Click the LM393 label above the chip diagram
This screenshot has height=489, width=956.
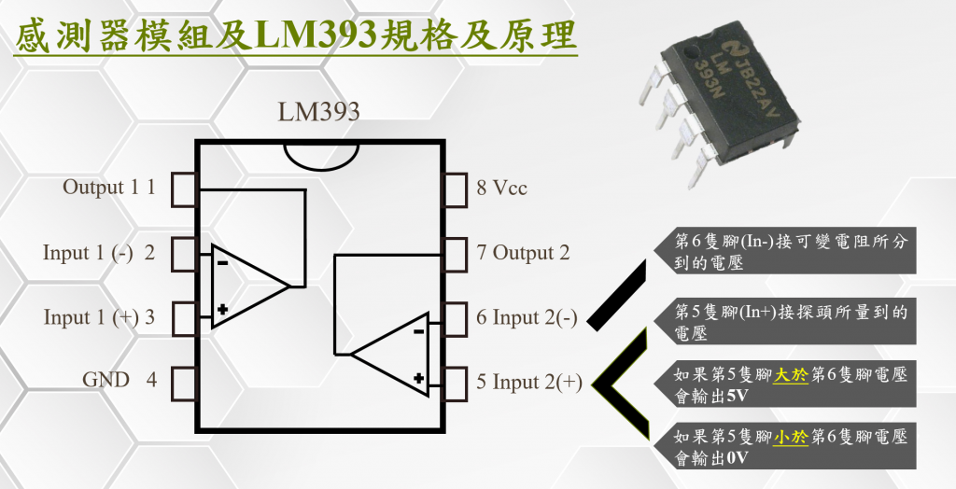pyautogui.click(x=318, y=112)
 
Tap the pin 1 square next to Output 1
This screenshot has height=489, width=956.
pyautogui.click(x=185, y=189)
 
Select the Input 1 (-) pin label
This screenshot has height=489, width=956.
pyautogui.click(x=98, y=253)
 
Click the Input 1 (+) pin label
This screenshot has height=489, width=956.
pyautogui.click(x=99, y=317)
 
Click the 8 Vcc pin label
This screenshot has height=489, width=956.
pyautogui.click(x=501, y=189)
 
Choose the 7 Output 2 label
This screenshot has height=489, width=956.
pyautogui.click(x=522, y=253)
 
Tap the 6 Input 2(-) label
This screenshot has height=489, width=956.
pyautogui.click(x=526, y=317)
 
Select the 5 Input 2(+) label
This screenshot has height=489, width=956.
pyautogui.click(x=528, y=382)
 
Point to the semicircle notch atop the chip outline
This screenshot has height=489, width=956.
pyautogui.click(x=321, y=153)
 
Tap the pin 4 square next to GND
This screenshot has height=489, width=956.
pyautogui.click(x=185, y=382)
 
